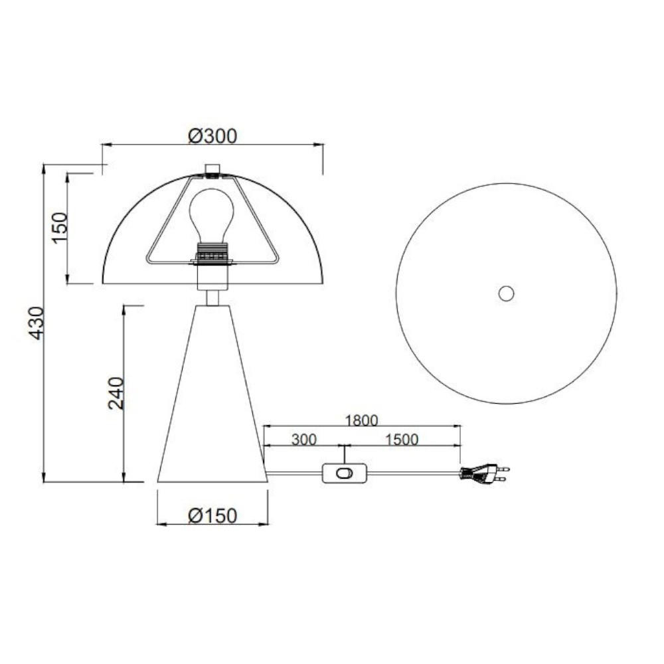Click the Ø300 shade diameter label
(212, 136)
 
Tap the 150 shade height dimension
(60, 228)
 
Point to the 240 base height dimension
(116, 393)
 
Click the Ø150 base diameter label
(212, 516)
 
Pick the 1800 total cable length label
(361, 420)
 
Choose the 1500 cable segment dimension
(402, 440)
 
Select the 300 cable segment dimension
(303, 440)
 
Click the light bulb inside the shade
(212, 215)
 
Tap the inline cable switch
(344, 473)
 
